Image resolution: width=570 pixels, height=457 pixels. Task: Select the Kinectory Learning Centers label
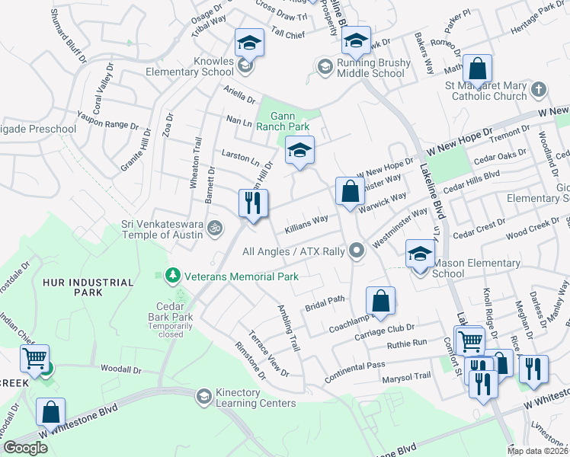(x=245, y=398)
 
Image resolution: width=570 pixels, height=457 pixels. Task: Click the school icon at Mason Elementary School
(x=419, y=254)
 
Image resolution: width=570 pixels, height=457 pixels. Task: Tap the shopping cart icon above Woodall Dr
(x=34, y=357)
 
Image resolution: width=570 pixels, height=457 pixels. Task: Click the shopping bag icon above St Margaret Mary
(x=477, y=68)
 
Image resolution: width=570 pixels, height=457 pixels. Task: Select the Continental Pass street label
(x=354, y=366)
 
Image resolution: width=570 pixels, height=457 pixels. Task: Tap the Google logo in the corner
(x=25, y=448)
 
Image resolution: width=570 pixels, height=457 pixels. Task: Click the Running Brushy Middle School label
(x=362, y=69)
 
